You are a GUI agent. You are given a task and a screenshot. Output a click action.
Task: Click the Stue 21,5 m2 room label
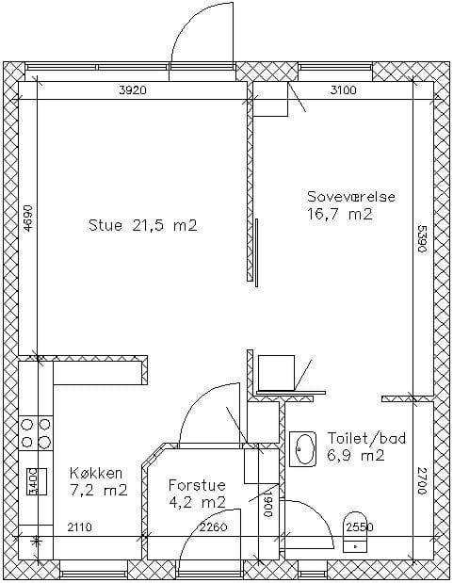(x=143, y=226)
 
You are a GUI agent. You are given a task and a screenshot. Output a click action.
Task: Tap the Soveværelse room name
(x=351, y=196)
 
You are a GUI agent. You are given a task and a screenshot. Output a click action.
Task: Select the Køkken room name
(x=96, y=474)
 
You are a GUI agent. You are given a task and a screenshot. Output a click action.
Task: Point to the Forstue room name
(x=197, y=485)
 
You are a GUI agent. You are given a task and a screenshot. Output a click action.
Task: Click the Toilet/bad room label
(x=366, y=438)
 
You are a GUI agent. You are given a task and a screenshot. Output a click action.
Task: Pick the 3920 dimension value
(x=133, y=90)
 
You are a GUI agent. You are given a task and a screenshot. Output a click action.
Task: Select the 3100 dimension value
(x=343, y=90)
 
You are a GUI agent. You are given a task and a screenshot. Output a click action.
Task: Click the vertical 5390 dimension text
(x=421, y=238)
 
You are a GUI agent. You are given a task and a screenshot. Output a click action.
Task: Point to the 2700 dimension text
(x=421, y=480)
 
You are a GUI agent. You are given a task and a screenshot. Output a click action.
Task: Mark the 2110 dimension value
(x=80, y=526)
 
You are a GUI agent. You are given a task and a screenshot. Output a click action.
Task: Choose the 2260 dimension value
(x=213, y=526)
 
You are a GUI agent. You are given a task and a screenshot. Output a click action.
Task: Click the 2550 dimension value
(x=360, y=526)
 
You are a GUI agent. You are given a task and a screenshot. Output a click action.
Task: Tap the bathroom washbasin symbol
(x=302, y=449)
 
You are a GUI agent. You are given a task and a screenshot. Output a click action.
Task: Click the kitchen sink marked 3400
(x=37, y=481)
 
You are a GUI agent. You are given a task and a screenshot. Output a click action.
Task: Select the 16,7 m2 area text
(x=340, y=214)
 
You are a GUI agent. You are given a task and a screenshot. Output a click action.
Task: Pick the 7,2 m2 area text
(x=99, y=491)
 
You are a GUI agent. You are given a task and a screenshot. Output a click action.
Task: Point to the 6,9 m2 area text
(x=356, y=455)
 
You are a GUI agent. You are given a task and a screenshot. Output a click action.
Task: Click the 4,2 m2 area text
(x=197, y=503)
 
